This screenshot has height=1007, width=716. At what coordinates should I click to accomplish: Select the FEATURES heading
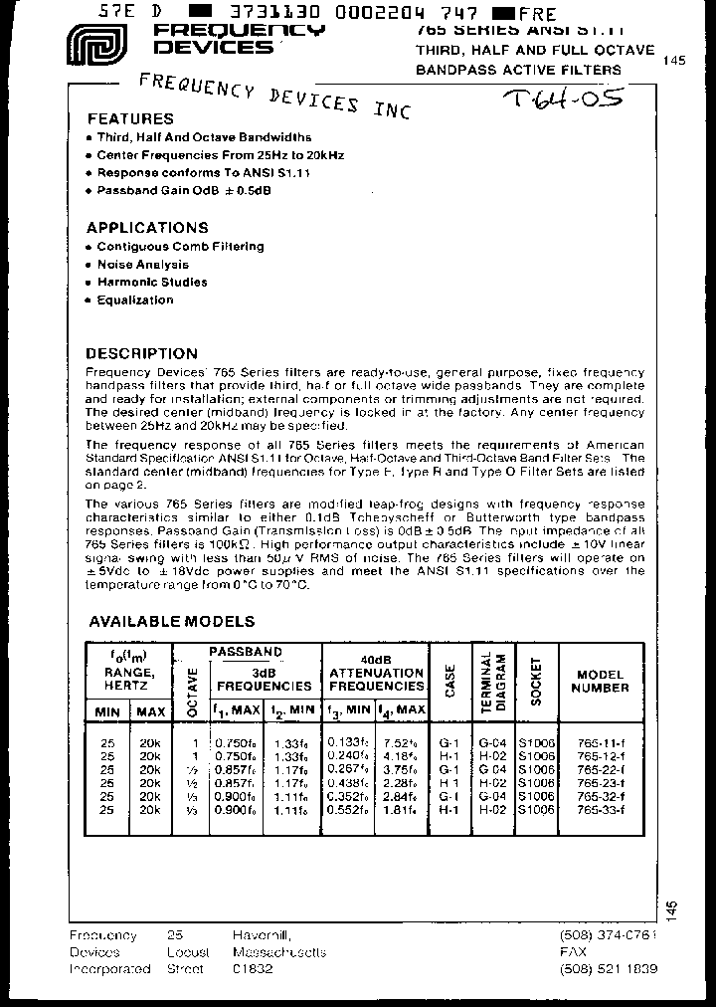(x=129, y=118)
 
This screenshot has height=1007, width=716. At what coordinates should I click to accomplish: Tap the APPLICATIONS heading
(x=146, y=227)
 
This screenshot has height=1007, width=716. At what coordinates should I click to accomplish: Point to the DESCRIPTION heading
(x=141, y=353)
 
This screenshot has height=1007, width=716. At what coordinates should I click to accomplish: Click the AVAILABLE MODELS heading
(x=171, y=621)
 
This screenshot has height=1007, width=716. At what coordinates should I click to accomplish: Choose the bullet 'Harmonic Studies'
(x=151, y=283)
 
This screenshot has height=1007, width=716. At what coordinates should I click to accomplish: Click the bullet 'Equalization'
(x=134, y=301)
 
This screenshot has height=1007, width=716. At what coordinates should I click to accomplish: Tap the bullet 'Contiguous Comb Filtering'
(x=180, y=247)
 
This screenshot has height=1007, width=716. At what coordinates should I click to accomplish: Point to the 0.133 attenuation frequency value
(x=349, y=742)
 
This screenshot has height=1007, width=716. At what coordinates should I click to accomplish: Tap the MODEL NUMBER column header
(x=600, y=681)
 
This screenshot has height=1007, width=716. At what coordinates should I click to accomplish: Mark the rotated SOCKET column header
(x=536, y=681)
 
